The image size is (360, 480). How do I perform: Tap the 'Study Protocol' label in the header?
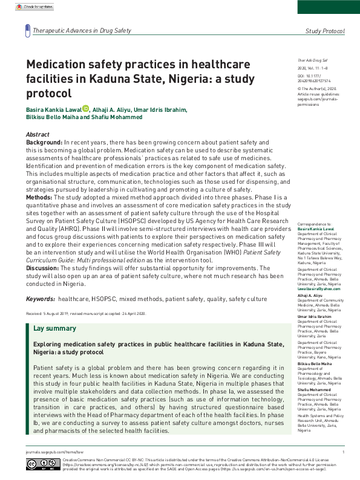click(x=325, y=31)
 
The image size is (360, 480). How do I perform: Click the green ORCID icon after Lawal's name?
click(x=85, y=109)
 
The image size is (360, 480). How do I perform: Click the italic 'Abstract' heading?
click(x=38, y=134)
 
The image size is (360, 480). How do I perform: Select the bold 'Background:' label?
click(x=44, y=141)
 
